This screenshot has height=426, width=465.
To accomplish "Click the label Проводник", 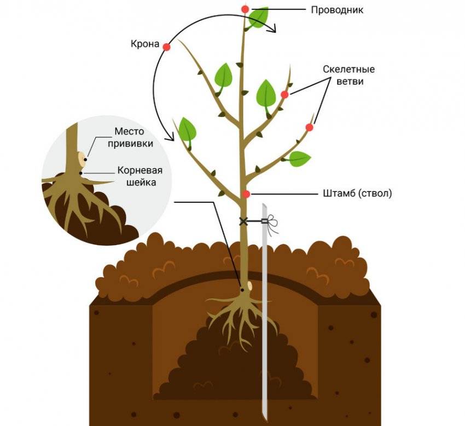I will pyautogui.click(x=337, y=10).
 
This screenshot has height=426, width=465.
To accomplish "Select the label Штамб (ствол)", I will pyautogui.click(x=356, y=194).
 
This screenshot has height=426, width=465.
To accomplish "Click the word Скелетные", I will pyautogui.click(x=348, y=69).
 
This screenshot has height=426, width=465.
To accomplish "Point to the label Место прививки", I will pyautogui.click(x=133, y=137).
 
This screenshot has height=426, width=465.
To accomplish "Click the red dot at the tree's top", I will pyautogui.click(x=245, y=9).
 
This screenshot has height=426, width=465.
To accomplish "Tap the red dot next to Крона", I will pyautogui.click(x=167, y=47).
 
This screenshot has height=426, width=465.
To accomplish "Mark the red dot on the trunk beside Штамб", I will pyautogui.click(x=246, y=194).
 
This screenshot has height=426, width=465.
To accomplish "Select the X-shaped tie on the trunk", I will pyautogui.click(x=243, y=221).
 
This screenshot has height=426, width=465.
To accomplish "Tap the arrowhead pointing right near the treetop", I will pyautogui.click(x=272, y=31).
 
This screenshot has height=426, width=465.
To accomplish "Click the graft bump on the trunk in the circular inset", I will pyautogui.click(x=82, y=159).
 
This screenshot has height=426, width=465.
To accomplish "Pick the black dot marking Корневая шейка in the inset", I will pyautogui.click(x=81, y=173).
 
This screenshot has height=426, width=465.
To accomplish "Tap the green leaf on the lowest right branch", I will pyautogui.click(x=299, y=159).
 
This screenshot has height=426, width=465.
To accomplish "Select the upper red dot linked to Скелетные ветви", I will pyautogui.click(x=284, y=95).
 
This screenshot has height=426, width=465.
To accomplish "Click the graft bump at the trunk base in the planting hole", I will pyautogui.click(x=249, y=286).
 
